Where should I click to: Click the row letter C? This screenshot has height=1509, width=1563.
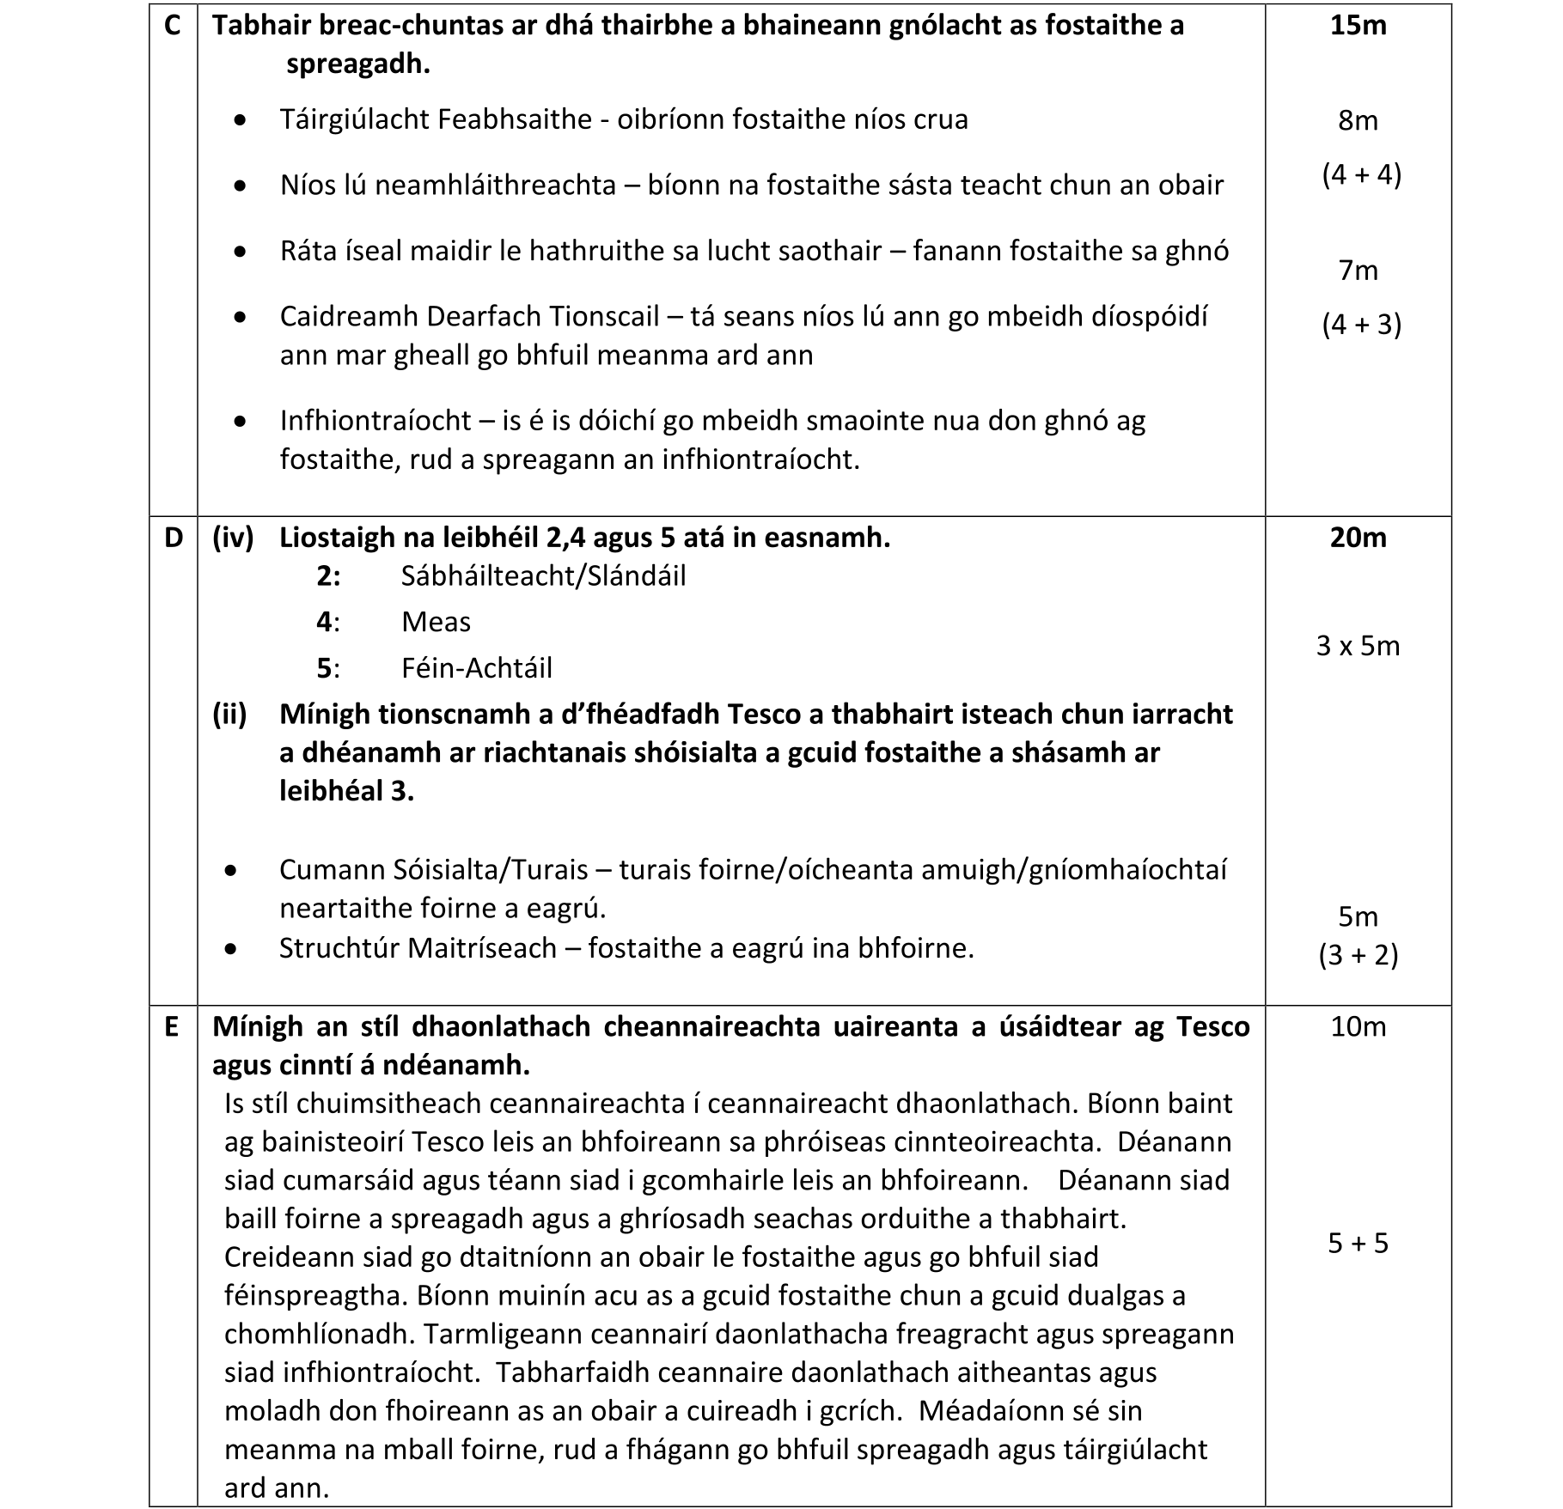173,26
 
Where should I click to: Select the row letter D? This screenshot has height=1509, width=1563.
173,538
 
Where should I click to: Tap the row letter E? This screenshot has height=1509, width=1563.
172,1026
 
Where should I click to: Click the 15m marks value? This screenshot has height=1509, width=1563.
1358,26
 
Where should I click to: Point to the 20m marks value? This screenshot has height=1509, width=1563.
1358,538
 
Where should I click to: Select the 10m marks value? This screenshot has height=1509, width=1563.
1358,1026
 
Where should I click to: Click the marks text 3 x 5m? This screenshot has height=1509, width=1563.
1358,646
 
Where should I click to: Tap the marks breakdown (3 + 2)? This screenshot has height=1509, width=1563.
1358,955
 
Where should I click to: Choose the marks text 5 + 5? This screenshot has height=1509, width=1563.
1358,1243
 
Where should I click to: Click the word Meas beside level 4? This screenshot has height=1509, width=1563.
436,622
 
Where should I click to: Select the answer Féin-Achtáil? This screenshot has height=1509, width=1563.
476,668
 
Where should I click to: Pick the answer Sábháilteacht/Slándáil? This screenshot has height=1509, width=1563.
543,575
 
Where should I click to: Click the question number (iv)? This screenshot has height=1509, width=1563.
233,538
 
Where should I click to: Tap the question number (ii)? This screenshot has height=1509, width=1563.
230,714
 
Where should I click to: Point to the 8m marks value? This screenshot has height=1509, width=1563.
1358,120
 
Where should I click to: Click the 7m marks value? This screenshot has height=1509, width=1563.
1358,271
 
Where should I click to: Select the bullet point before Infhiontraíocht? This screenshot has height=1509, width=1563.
241,422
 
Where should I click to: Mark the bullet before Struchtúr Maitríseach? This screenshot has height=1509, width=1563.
230,949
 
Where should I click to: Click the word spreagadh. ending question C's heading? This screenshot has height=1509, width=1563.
357,64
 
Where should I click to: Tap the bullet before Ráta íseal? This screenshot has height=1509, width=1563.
241,252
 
